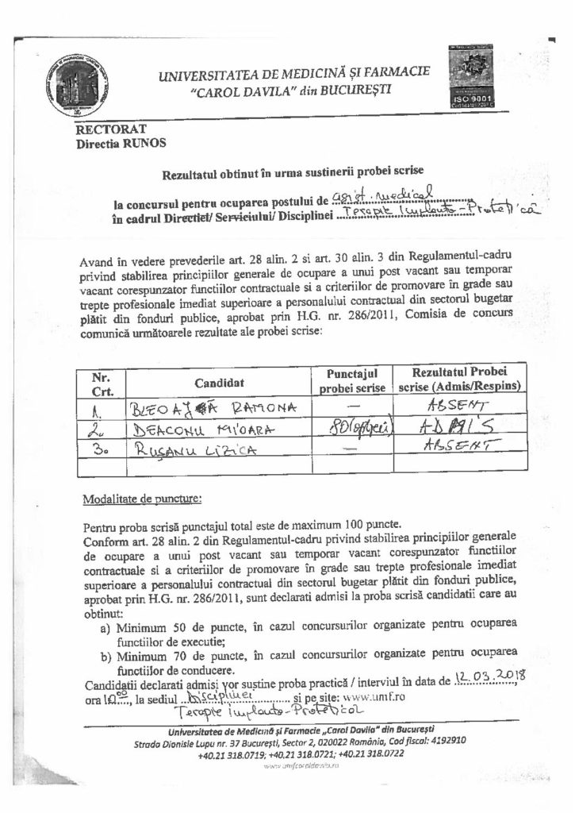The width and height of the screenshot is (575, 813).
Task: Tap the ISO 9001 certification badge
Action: (x=474, y=76)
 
